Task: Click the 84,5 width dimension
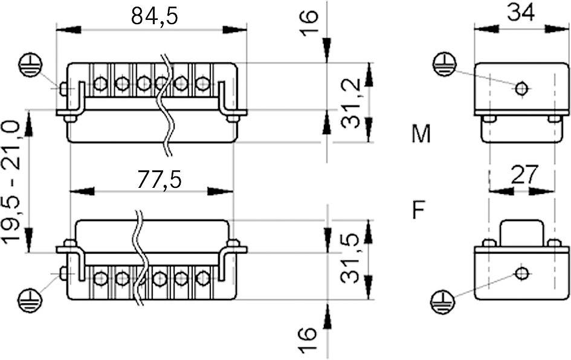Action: pyautogui.click(x=155, y=16)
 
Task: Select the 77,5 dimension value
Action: pyautogui.click(x=158, y=179)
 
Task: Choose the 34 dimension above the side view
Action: pyautogui.click(x=521, y=13)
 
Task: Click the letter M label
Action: pyautogui.click(x=421, y=134)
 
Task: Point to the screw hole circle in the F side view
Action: pyautogui.click(x=521, y=273)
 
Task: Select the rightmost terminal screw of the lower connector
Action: pyautogui.click(x=203, y=278)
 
